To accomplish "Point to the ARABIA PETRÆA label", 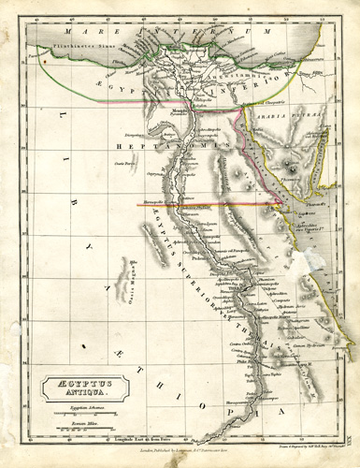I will [x=287, y=119].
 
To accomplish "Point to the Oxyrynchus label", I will [x=156, y=172].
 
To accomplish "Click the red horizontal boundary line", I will [x=206, y=203].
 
